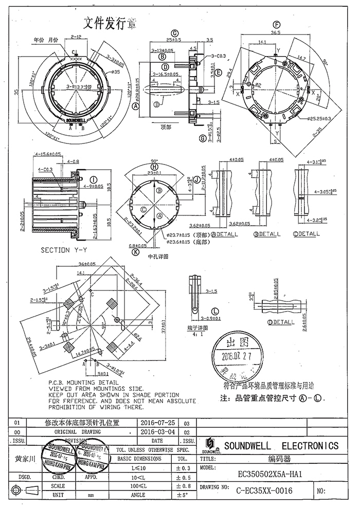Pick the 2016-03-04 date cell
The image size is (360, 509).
pos(158,432)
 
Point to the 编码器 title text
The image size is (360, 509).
pos(278,459)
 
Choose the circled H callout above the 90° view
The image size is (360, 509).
pos(153,166)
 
